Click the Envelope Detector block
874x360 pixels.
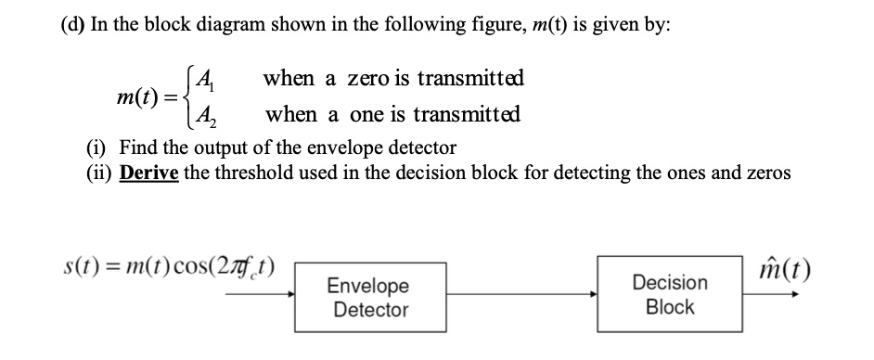[x=369, y=297]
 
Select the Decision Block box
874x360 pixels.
[x=669, y=294]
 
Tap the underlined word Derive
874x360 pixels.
[x=148, y=174]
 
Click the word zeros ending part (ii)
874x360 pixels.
[x=768, y=174]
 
